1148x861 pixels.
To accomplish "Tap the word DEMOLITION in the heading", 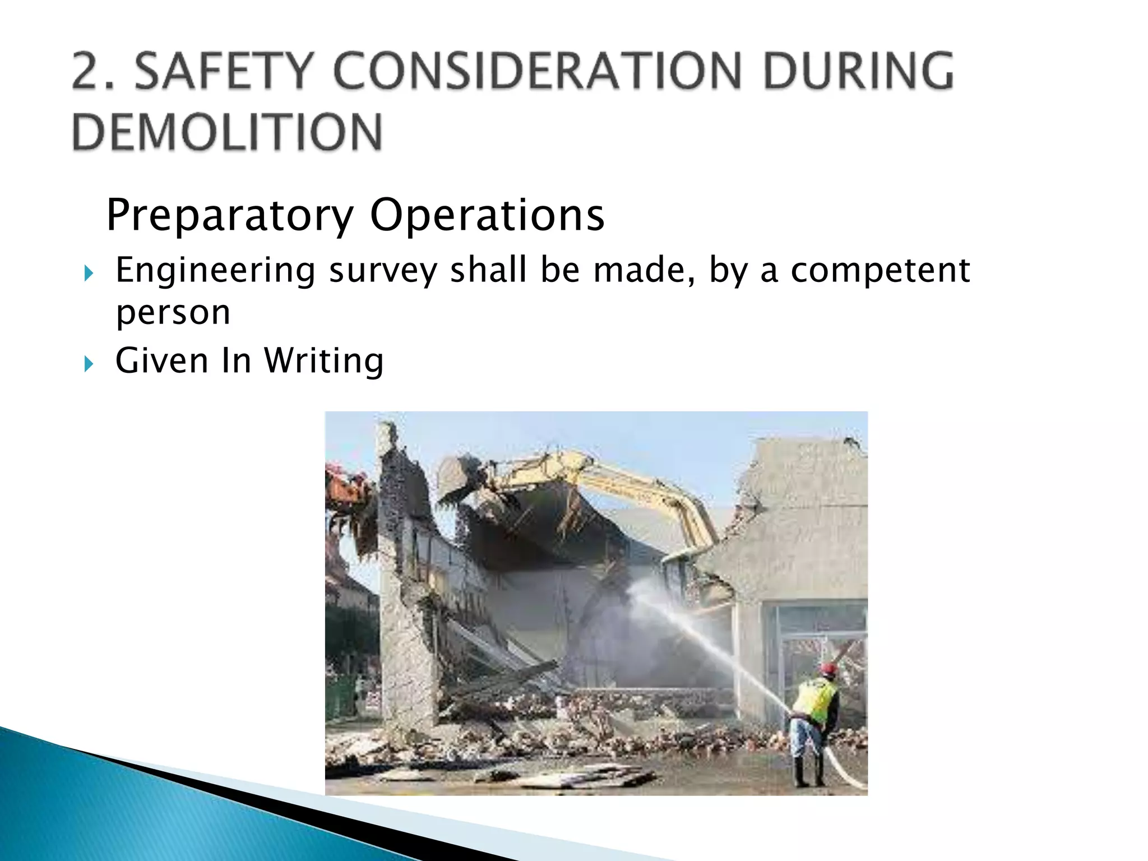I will (227, 132).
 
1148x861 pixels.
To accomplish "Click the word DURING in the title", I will (858, 71).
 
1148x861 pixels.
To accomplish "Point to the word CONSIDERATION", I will (538, 71).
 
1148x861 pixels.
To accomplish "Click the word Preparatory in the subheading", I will (230, 215).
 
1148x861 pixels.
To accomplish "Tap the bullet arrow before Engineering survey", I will (88, 274).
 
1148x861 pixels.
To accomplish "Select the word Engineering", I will (215, 271).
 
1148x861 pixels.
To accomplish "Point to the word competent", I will (880, 270).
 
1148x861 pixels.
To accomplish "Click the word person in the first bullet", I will (173, 313).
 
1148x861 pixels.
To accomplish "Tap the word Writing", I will (324, 361).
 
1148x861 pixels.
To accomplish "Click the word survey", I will (382, 271).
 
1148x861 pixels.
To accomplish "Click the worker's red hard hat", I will (827, 669).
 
